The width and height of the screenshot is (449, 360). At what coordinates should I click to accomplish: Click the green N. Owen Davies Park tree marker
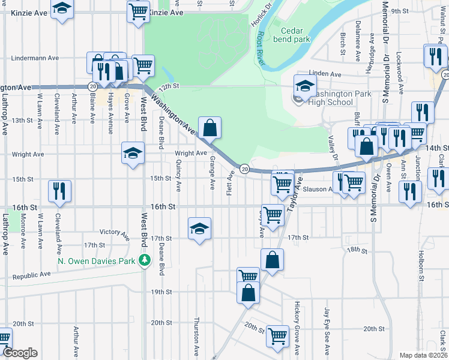pyautogui.click(x=144, y=260)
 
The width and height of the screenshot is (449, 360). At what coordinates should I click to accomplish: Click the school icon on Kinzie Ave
pyautogui.click(x=61, y=9)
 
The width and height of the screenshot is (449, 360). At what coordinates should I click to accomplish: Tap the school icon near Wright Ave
pyautogui.click(x=133, y=152)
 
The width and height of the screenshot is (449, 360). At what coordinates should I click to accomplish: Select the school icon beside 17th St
pyautogui.click(x=199, y=228)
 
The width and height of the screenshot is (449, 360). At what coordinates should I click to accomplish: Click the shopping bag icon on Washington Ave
pyautogui.click(x=209, y=127)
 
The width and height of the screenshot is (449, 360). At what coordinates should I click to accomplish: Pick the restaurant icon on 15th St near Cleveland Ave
pyautogui.click(x=60, y=191)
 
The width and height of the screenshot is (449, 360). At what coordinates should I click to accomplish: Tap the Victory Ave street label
pyautogui.click(x=115, y=232)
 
